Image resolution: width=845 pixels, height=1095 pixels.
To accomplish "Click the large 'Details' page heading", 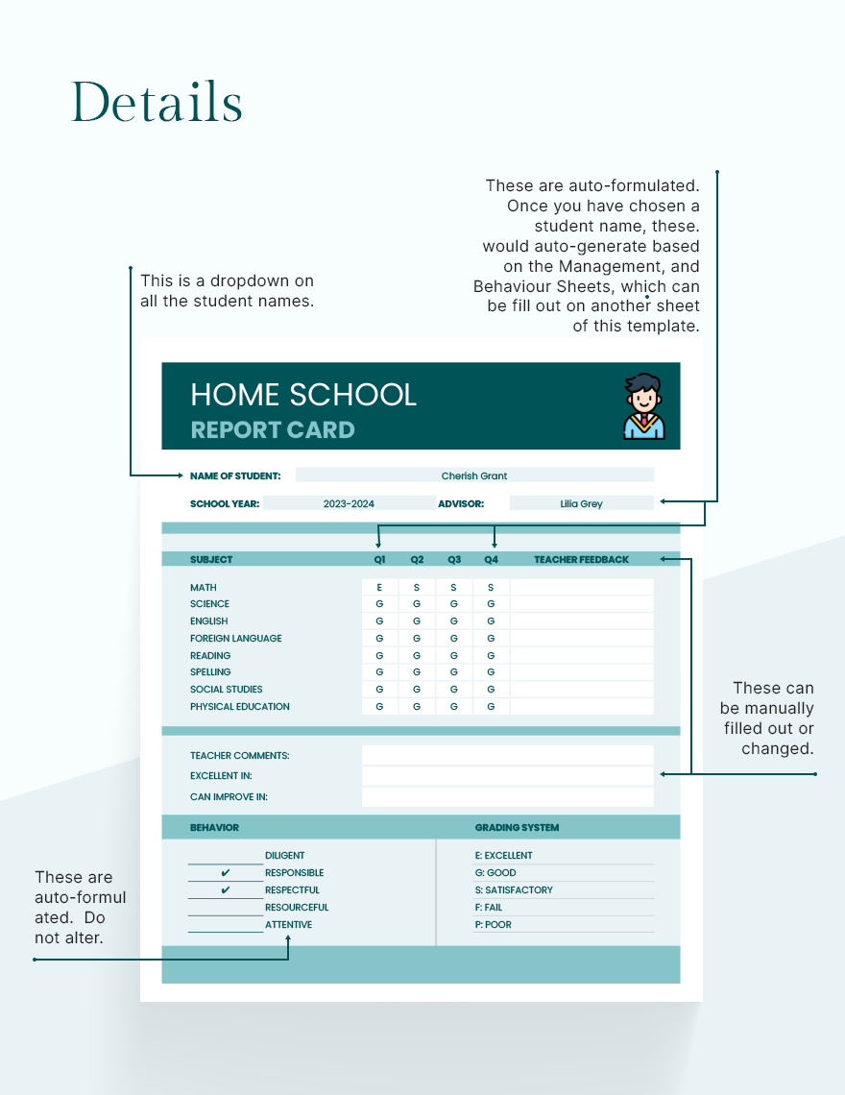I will (x=157, y=102).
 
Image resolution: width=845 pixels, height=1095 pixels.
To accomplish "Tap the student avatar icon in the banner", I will (x=642, y=406).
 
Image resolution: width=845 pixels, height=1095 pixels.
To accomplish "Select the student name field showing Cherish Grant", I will (x=474, y=475).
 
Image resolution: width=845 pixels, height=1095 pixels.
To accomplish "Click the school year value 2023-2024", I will (x=349, y=503).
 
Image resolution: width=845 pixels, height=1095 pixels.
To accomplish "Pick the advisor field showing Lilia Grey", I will (x=581, y=503).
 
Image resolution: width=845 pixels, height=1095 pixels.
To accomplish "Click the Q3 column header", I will (x=454, y=559).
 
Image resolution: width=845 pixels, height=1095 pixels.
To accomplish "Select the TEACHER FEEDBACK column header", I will (x=581, y=559).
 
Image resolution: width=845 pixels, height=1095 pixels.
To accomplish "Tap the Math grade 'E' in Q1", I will (x=379, y=587).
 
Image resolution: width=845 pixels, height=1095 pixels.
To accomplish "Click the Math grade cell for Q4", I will (x=491, y=587).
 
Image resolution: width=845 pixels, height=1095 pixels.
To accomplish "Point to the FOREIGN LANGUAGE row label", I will (x=235, y=639).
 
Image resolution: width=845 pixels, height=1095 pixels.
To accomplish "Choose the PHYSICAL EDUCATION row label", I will (x=239, y=707).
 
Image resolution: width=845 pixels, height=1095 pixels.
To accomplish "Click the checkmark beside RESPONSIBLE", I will (x=226, y=873).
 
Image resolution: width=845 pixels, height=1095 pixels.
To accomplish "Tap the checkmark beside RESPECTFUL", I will (x=226, y=890).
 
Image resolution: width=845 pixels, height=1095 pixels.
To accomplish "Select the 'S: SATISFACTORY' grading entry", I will (x=514, y=890).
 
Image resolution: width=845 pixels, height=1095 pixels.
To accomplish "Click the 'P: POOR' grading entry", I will (x=494, y=925).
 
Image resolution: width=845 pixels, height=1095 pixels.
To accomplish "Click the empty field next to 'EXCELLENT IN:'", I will (x=507, y=776).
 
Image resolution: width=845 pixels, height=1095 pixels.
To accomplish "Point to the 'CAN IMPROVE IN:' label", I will (x=229, y=797).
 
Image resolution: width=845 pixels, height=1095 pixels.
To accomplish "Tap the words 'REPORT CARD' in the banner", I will (x=273, y=430).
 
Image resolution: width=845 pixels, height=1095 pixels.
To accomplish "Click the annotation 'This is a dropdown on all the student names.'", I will (x=227, y=291).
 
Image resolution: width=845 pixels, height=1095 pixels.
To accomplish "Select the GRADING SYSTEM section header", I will (x=517, y=827).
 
